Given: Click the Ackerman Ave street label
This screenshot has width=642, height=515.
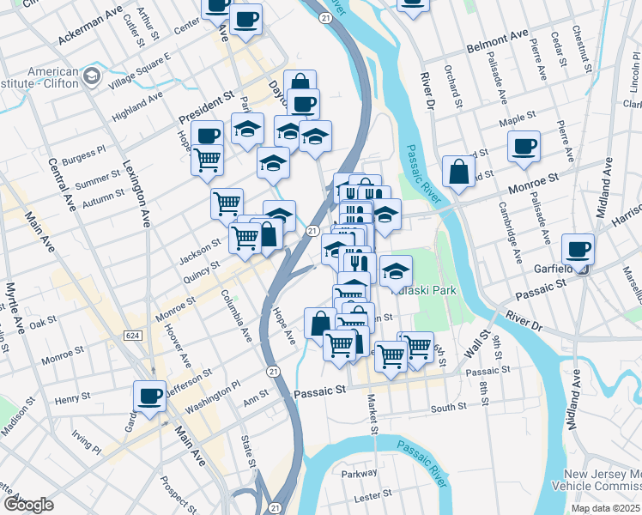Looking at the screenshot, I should [90, 28].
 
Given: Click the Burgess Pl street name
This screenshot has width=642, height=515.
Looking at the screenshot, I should [88, 154].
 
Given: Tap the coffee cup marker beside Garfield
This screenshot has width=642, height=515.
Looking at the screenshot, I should [578, 250].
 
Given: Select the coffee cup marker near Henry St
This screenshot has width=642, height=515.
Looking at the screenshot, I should [149, 397].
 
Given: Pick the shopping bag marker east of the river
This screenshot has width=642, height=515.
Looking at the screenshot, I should [459, 171].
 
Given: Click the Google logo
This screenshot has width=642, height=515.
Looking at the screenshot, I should [28, 504].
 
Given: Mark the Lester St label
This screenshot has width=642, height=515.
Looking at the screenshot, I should [373, 495].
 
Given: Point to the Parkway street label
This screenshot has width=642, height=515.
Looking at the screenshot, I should [359, 473].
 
